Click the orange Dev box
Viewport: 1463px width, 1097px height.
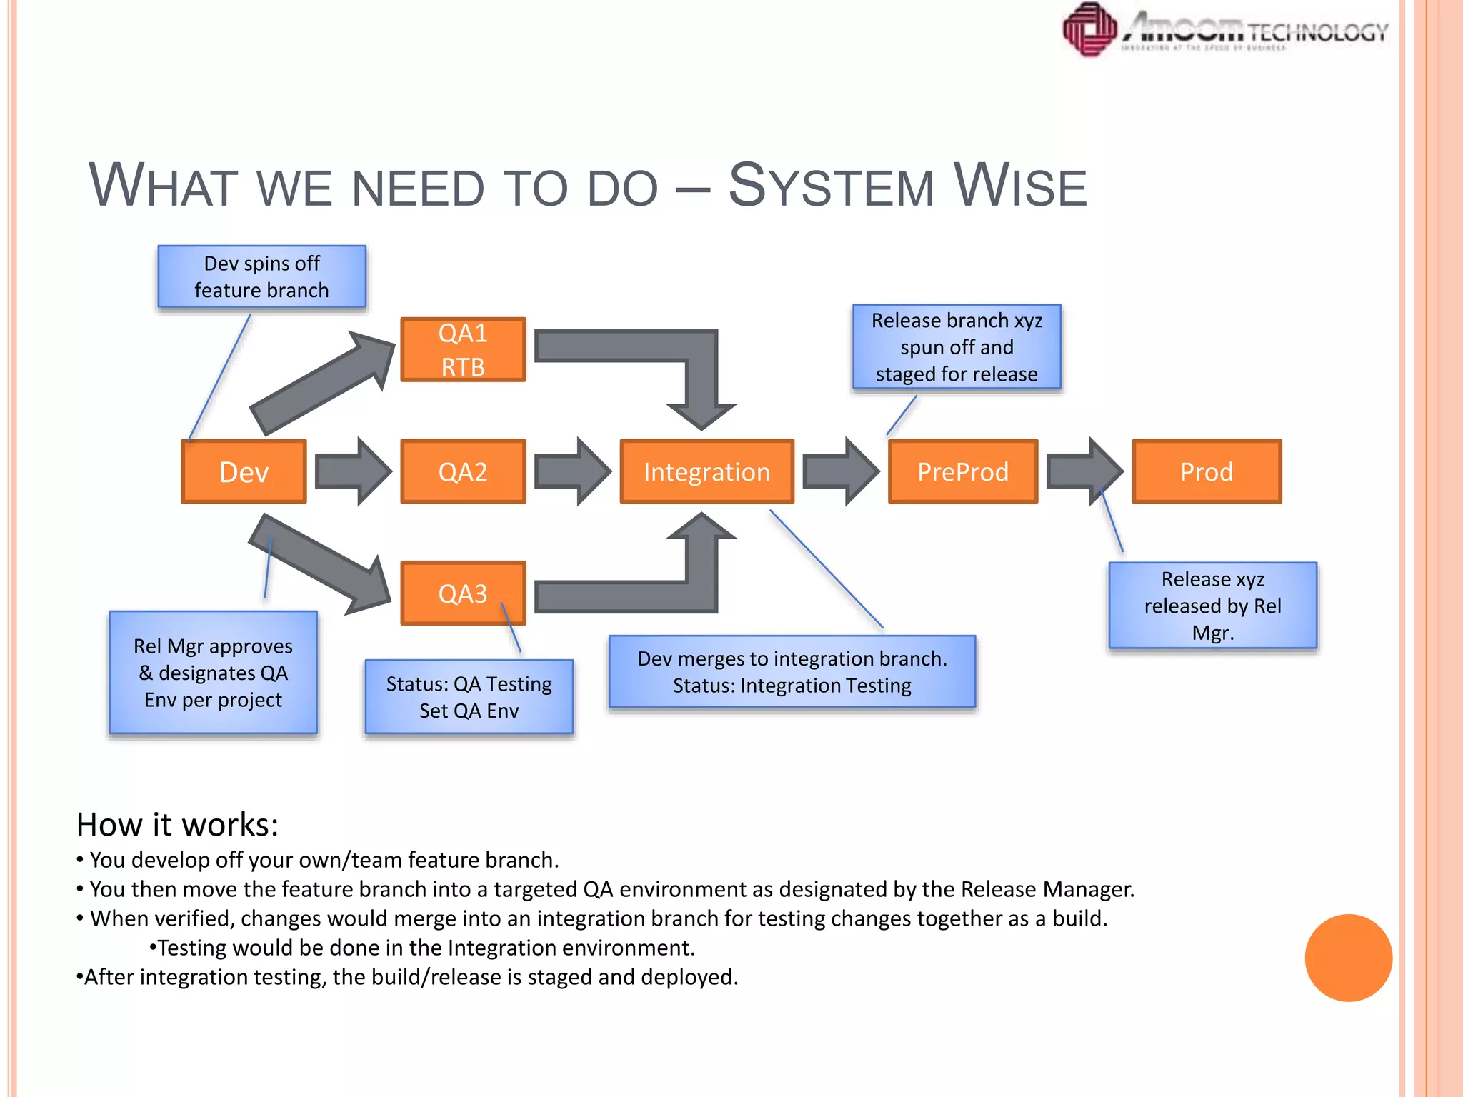[x=244, y=472]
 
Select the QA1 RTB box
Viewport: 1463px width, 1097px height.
[x=463, y=350]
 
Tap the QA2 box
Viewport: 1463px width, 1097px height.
[x=463, y=472]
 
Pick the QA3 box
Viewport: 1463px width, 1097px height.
[x=463, y=593]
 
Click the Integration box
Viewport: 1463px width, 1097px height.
[x=706, y=472]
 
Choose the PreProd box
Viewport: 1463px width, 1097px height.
[x=962, y=472]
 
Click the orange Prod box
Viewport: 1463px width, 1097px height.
[x=1207, y=472]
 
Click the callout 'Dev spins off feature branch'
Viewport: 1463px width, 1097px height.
[x=261, y=277]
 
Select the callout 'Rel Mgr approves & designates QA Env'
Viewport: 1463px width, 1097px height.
[x=213, y=673]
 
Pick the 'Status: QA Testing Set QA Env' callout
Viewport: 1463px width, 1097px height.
[x=469, y=697]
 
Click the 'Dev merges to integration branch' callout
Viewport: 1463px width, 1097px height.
[x=792, y=672]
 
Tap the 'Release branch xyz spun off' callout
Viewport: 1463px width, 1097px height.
[x=957, y=347]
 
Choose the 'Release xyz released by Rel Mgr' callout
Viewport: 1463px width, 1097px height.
[x=1212, y=606]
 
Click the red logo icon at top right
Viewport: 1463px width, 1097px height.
[x=1089, y=29]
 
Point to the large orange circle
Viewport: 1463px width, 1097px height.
[x=1348, y=958]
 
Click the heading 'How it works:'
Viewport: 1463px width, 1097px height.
[x=177, y=825]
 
